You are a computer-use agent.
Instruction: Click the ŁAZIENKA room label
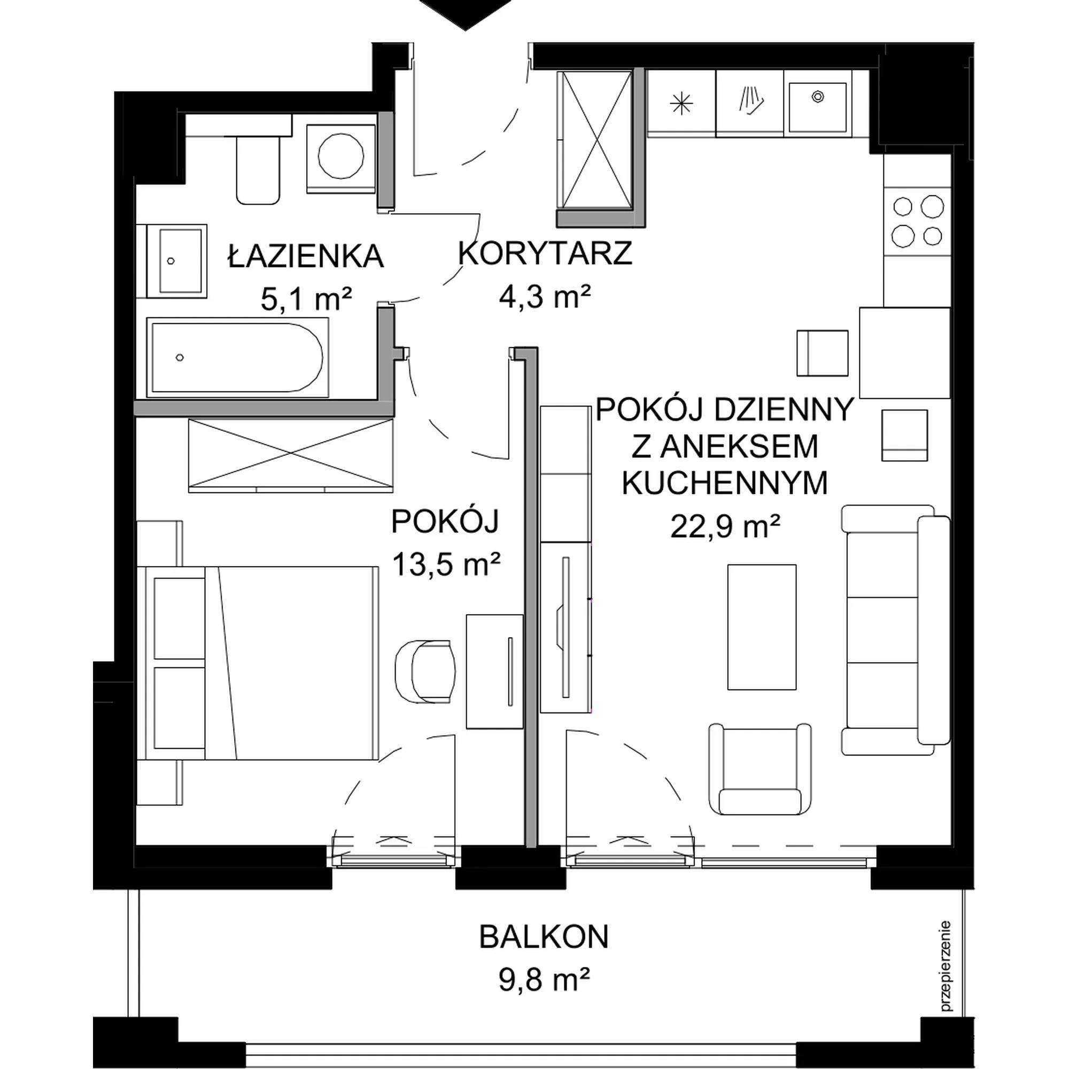click(x=306, y=257)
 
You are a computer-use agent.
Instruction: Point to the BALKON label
click(x=544, y=937)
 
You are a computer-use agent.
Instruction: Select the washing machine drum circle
click(x=342, y=157)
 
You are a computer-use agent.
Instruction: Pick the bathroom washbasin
click(x=172, y=261)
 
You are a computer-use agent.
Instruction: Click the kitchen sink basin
click(x=817, y=107)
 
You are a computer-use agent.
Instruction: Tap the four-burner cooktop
click(x=917, y=221)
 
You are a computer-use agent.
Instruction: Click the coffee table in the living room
click(x=761, y=627)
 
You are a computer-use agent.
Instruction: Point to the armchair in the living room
click(x=760, y=769)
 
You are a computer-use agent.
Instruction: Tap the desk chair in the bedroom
click(x=425, y=671)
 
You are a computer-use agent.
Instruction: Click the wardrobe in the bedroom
click(x=291, y=455)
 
